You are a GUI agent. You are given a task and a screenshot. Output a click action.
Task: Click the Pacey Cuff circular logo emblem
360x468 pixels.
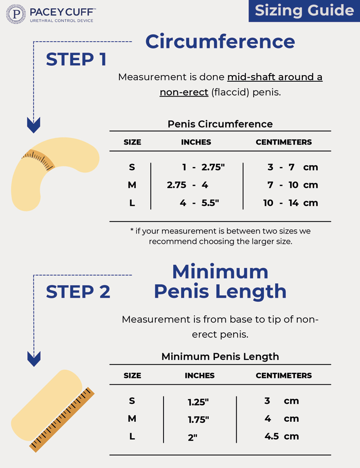tap(15, 14)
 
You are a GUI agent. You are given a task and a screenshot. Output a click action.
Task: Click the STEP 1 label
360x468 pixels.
tap(76, 60)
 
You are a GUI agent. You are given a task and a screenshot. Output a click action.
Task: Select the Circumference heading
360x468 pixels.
tap(220, 41)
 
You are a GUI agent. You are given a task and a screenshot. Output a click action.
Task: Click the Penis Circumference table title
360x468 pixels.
tap(220, 124)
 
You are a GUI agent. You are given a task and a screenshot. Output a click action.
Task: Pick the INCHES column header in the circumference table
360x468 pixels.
tap(196, 142)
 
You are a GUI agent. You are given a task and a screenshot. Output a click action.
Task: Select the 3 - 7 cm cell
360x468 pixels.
tap(292, 167)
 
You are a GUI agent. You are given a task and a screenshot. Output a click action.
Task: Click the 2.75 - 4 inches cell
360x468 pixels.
tap(188, 185)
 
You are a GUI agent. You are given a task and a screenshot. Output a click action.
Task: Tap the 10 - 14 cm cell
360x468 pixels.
tap(291, 203)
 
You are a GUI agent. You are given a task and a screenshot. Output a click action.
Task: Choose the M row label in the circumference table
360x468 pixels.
tap(132, 185)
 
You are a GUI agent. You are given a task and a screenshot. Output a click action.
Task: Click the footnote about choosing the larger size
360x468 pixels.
tap(220, 236)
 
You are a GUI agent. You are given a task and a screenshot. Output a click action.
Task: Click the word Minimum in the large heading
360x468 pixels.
tap(220, 272)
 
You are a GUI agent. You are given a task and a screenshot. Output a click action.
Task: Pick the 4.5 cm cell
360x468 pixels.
tap(281, 436)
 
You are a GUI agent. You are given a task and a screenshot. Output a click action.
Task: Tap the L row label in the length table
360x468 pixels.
tap(132, 436)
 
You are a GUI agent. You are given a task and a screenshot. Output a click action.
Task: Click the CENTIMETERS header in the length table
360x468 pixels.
tap(284, 375)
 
